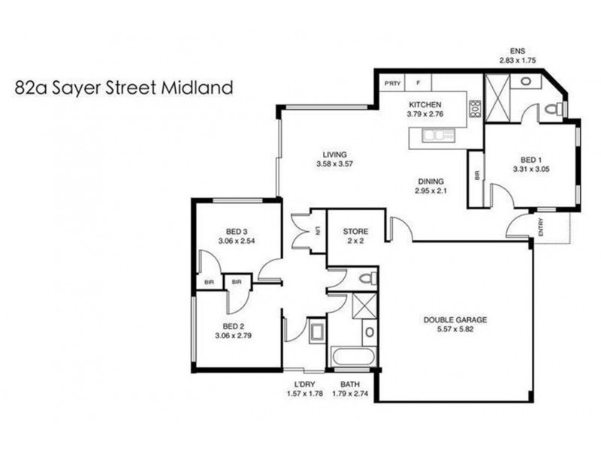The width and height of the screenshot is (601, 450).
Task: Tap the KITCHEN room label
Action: coord(424,105)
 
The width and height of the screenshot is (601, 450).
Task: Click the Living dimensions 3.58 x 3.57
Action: coord(334,163)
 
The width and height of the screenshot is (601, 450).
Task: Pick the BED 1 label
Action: coord(530,160)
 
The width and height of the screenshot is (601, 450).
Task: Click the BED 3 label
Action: coord(237,230)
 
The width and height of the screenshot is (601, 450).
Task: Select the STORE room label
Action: coord(355,231)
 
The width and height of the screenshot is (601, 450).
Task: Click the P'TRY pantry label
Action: coord(391,83)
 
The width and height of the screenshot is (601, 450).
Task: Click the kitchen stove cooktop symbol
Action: coord(475,109)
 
